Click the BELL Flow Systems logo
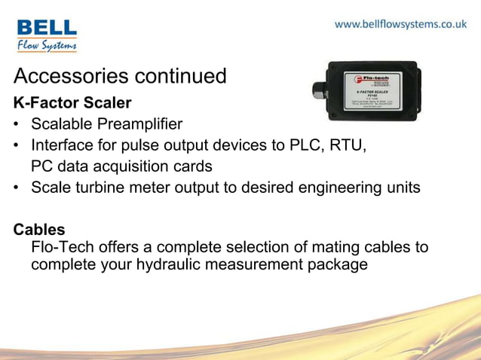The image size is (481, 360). click(47, 35)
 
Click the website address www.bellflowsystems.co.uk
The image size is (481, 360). click(400, 24)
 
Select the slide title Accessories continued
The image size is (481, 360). click(120, 76)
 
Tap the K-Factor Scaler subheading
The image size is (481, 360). click(72, 102)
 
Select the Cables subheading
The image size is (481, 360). click(39, 229)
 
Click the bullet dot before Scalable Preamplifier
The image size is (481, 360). click(17, 124)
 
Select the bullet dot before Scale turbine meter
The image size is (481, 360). click(17, 188)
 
